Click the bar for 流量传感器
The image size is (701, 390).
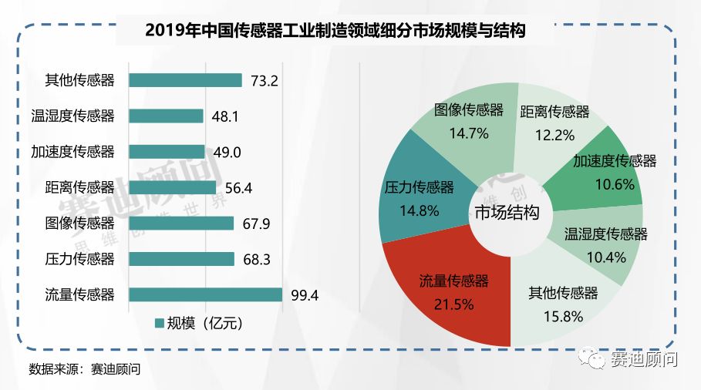tap(206, 294)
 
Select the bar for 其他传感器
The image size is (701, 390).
tap(186, 80)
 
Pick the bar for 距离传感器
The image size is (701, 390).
tap(173, 187)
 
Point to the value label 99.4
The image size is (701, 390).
tap(303, 294)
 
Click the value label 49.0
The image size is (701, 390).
tap(226, 152)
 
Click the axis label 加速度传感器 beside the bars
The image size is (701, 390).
tap(72, 152)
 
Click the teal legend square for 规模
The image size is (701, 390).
tap(160, 322)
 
